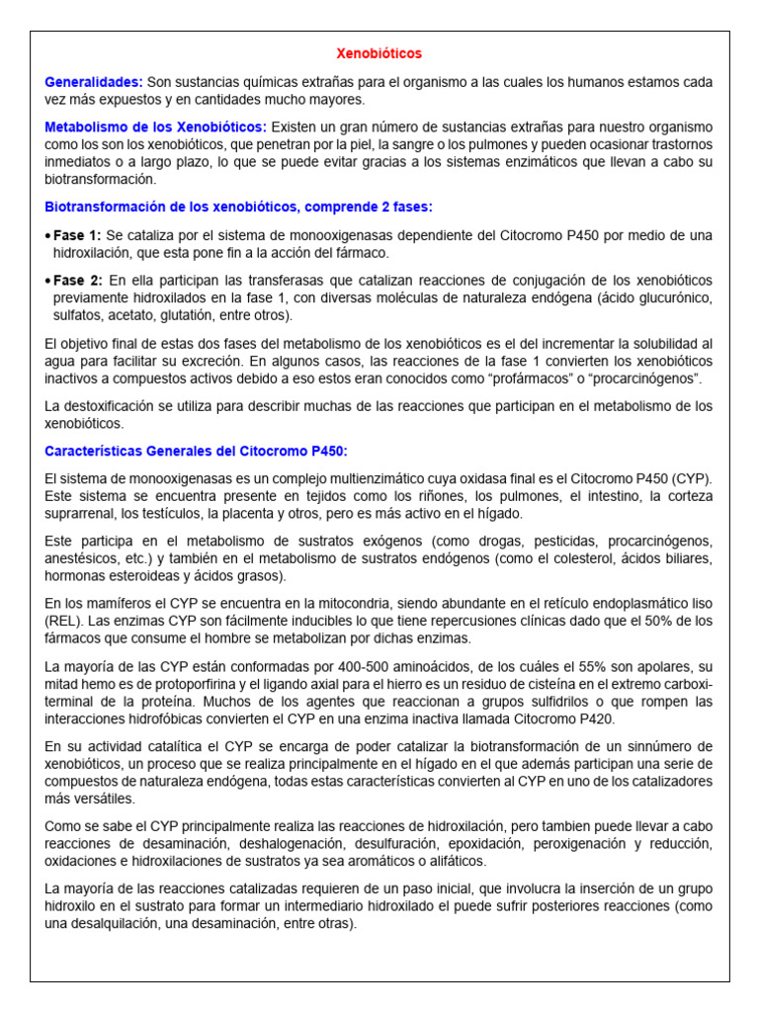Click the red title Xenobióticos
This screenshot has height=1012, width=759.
[379, 53]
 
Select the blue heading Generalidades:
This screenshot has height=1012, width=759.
[94, 81]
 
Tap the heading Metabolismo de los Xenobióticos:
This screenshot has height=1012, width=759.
[156, 126]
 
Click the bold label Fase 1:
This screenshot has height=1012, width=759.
[77, 235]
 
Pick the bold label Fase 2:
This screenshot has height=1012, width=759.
[77, 281]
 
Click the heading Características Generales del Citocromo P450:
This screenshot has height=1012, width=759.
[197, 451]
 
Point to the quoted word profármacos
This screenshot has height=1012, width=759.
[522, 379]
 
